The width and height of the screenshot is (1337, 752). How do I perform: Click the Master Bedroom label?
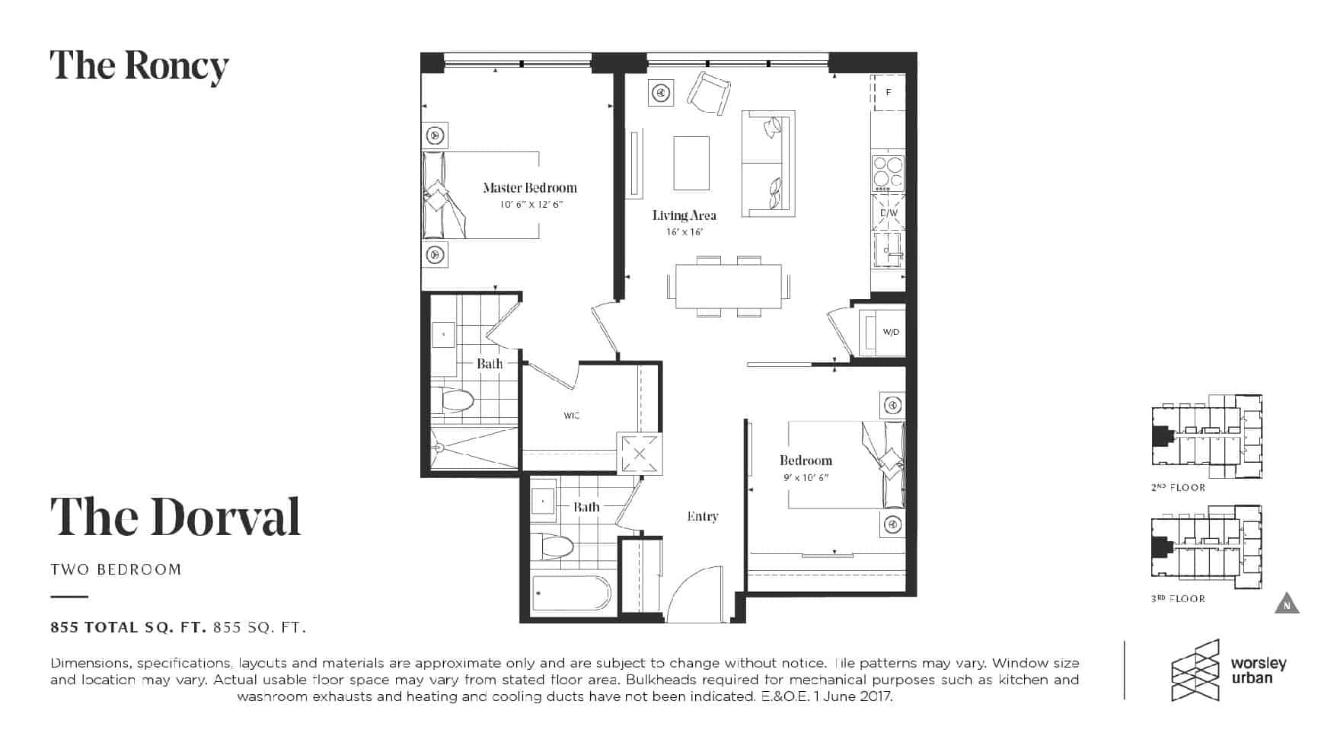530,187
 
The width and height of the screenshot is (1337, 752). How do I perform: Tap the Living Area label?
684,215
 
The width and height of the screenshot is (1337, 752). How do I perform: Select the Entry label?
702,516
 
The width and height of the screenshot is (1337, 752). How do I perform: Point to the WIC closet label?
572,416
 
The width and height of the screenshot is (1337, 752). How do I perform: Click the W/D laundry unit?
882,332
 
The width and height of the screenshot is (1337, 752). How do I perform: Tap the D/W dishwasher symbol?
889,212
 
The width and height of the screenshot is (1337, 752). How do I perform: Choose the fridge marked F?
888,92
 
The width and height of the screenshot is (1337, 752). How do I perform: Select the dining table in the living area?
729,286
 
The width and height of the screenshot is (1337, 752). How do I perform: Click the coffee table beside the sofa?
691,163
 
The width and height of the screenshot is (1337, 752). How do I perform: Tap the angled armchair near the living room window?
709,94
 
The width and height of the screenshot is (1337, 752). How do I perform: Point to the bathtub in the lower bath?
571,592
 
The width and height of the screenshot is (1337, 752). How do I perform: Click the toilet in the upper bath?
453,400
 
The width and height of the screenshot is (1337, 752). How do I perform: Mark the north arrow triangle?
1287,603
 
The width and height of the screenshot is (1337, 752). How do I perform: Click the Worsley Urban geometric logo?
1195,670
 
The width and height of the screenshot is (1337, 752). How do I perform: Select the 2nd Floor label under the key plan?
1178,487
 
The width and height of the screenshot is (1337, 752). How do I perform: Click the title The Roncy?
139,67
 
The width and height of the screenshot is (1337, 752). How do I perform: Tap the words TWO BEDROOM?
116,569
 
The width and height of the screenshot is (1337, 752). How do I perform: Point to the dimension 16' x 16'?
684,232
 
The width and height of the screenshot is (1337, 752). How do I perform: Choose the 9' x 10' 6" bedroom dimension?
806,477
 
